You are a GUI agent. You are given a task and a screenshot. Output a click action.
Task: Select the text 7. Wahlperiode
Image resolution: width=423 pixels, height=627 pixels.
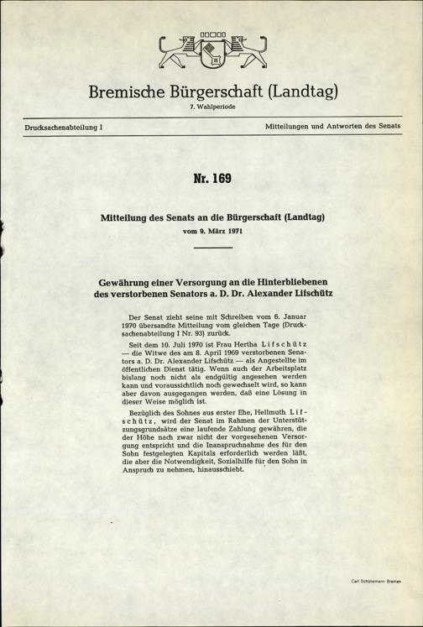click(x=211, y=109)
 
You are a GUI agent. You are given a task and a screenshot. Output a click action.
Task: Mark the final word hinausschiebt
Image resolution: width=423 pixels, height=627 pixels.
click(x=214, y=492)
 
